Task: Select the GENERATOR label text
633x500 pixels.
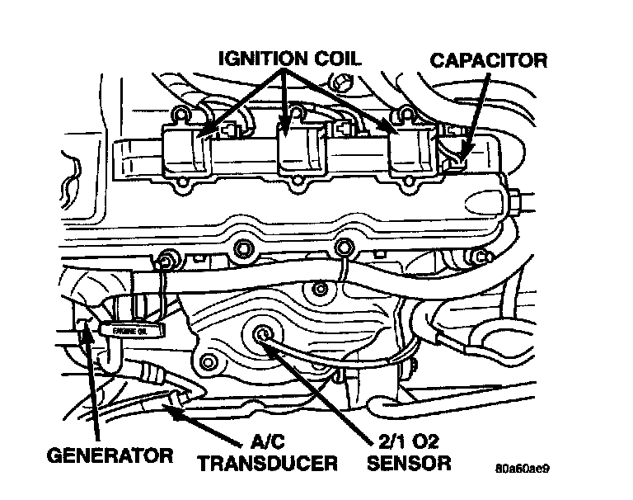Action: (x=109, y=455)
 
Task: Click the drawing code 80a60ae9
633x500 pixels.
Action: (x=522, y=470)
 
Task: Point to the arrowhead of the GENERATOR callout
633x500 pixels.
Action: (x=85, y=333)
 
